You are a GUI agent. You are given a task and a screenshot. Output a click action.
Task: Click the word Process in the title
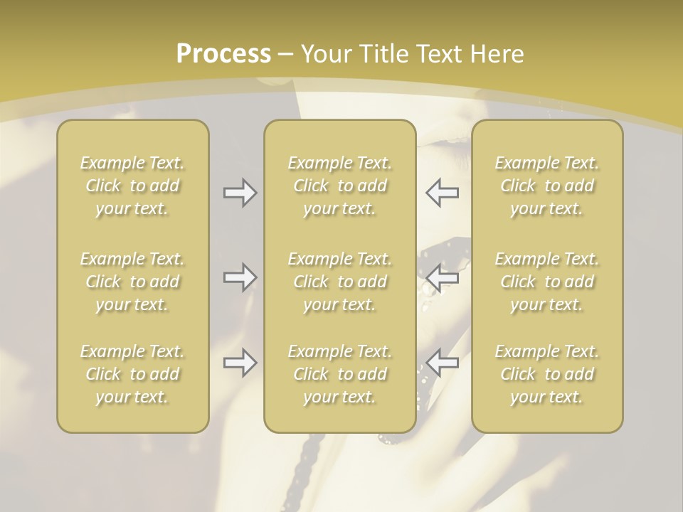click(223, 54)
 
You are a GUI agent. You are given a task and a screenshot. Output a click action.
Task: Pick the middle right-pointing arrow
click(240, 277)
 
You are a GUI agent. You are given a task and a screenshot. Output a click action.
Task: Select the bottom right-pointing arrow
click(240, 363)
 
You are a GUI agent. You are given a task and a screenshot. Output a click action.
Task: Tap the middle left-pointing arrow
click(442, 277)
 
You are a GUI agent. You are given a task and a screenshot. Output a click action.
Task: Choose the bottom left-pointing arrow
click(442, 363)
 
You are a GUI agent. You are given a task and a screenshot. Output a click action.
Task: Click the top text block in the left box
click(132, 186)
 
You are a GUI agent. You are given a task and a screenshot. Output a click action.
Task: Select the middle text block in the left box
click(132, 282)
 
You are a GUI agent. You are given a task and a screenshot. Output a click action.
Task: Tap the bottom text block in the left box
click(132, 374)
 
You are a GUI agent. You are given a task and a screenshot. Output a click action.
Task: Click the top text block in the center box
click(339, 186)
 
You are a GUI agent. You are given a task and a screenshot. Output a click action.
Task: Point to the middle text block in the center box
click(339, 282)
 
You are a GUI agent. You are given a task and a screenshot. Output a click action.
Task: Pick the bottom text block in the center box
click(339, 374)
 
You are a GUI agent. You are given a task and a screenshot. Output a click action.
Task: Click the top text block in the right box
click(547, 186)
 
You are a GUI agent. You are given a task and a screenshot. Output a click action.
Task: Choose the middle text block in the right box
click(547, 282)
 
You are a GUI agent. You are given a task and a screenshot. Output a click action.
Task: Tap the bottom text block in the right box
click(547, 374)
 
